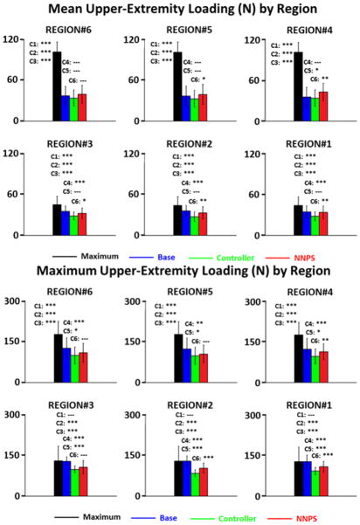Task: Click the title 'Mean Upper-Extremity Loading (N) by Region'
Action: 179,10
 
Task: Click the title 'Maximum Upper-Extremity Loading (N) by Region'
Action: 179,272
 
